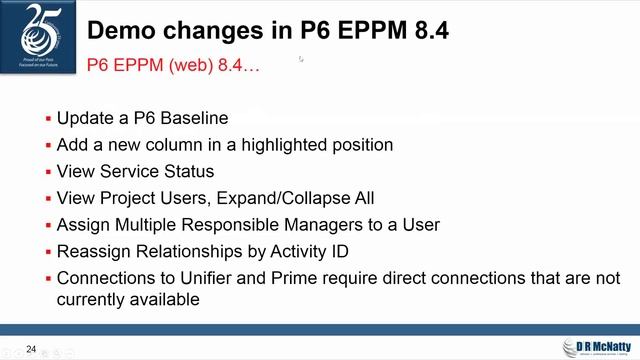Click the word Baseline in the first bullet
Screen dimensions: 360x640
pos(196,118)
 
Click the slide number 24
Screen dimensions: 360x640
pos(31,349)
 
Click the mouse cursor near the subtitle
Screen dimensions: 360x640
pos(301,60)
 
